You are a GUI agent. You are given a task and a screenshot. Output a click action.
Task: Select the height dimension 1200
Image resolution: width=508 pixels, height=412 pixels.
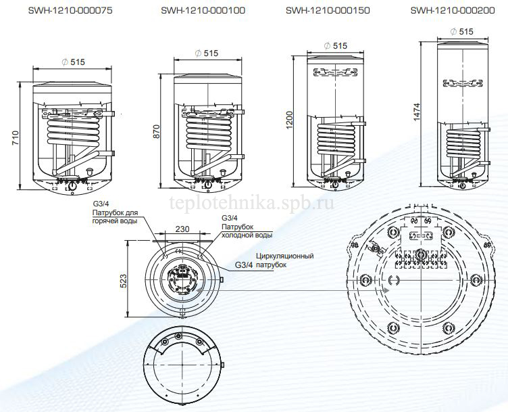click(x=289, y=120)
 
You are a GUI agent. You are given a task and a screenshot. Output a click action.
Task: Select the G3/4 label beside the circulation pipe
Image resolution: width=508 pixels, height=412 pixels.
click(x=243, y=265)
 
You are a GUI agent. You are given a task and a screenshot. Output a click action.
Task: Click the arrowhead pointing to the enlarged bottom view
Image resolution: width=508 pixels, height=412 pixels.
click(x=385, y=290)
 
